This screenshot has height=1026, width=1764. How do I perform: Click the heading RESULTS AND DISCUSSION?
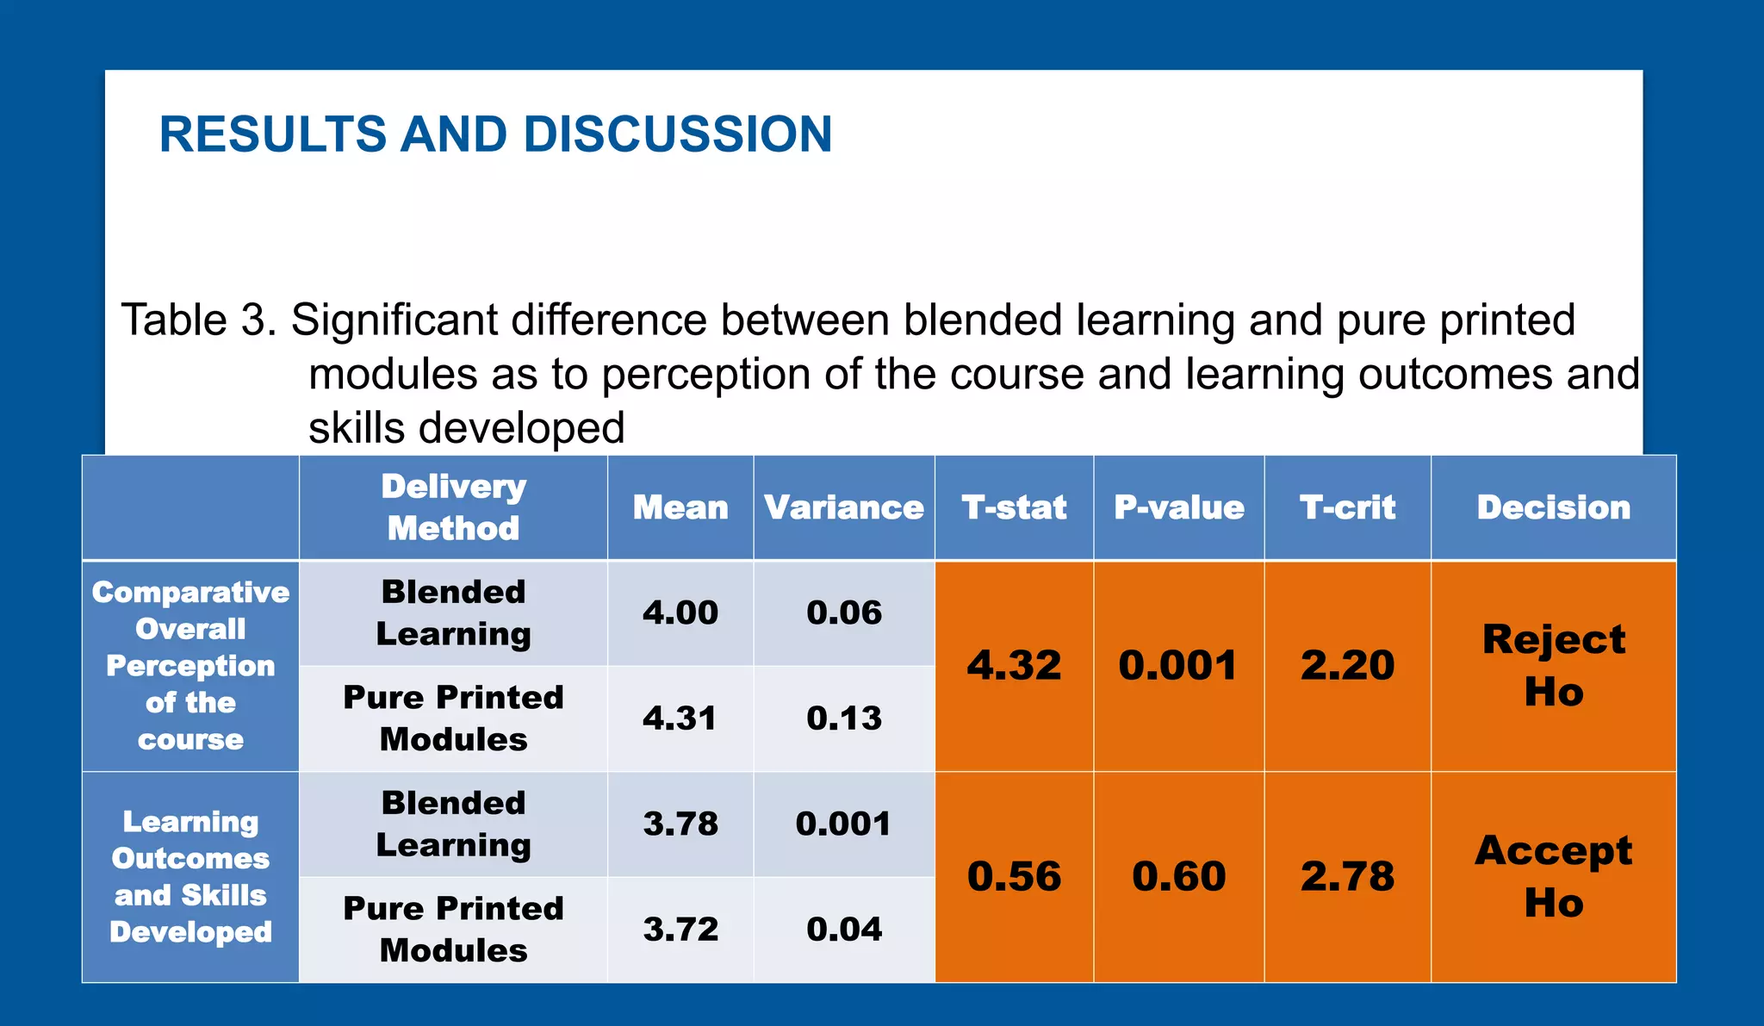pos(495,135)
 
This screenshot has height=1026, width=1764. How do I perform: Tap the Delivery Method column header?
pos(453,507)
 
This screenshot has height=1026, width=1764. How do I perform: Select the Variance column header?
pos(843,507)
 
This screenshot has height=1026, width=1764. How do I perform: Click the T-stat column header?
pos(1014,507)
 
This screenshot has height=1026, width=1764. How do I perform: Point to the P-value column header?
pos(1178,507)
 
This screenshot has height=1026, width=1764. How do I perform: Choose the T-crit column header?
pos(1347,507)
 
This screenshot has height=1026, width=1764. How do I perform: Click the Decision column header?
pos(1553,507)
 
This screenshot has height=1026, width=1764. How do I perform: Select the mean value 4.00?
pos(680,612)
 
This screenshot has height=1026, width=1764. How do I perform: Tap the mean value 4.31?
pos(680,718)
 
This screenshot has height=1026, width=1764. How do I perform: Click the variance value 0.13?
pos(843,718)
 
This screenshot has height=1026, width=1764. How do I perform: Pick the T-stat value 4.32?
pos(1014,665)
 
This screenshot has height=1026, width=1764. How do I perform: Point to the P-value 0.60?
pos(1178,876)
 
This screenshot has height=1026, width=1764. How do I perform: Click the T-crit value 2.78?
pos(1347,876)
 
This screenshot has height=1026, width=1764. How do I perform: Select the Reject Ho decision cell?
pos(1553,665)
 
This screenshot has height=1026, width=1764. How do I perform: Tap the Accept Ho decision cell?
pos(1553,876)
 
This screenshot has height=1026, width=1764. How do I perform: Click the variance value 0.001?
pos(843,824)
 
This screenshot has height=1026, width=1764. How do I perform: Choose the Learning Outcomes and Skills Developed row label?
pos(190,876)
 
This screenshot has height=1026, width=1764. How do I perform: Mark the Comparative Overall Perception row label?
pos(190,665)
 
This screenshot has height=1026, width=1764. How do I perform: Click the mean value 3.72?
pos(680,929)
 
